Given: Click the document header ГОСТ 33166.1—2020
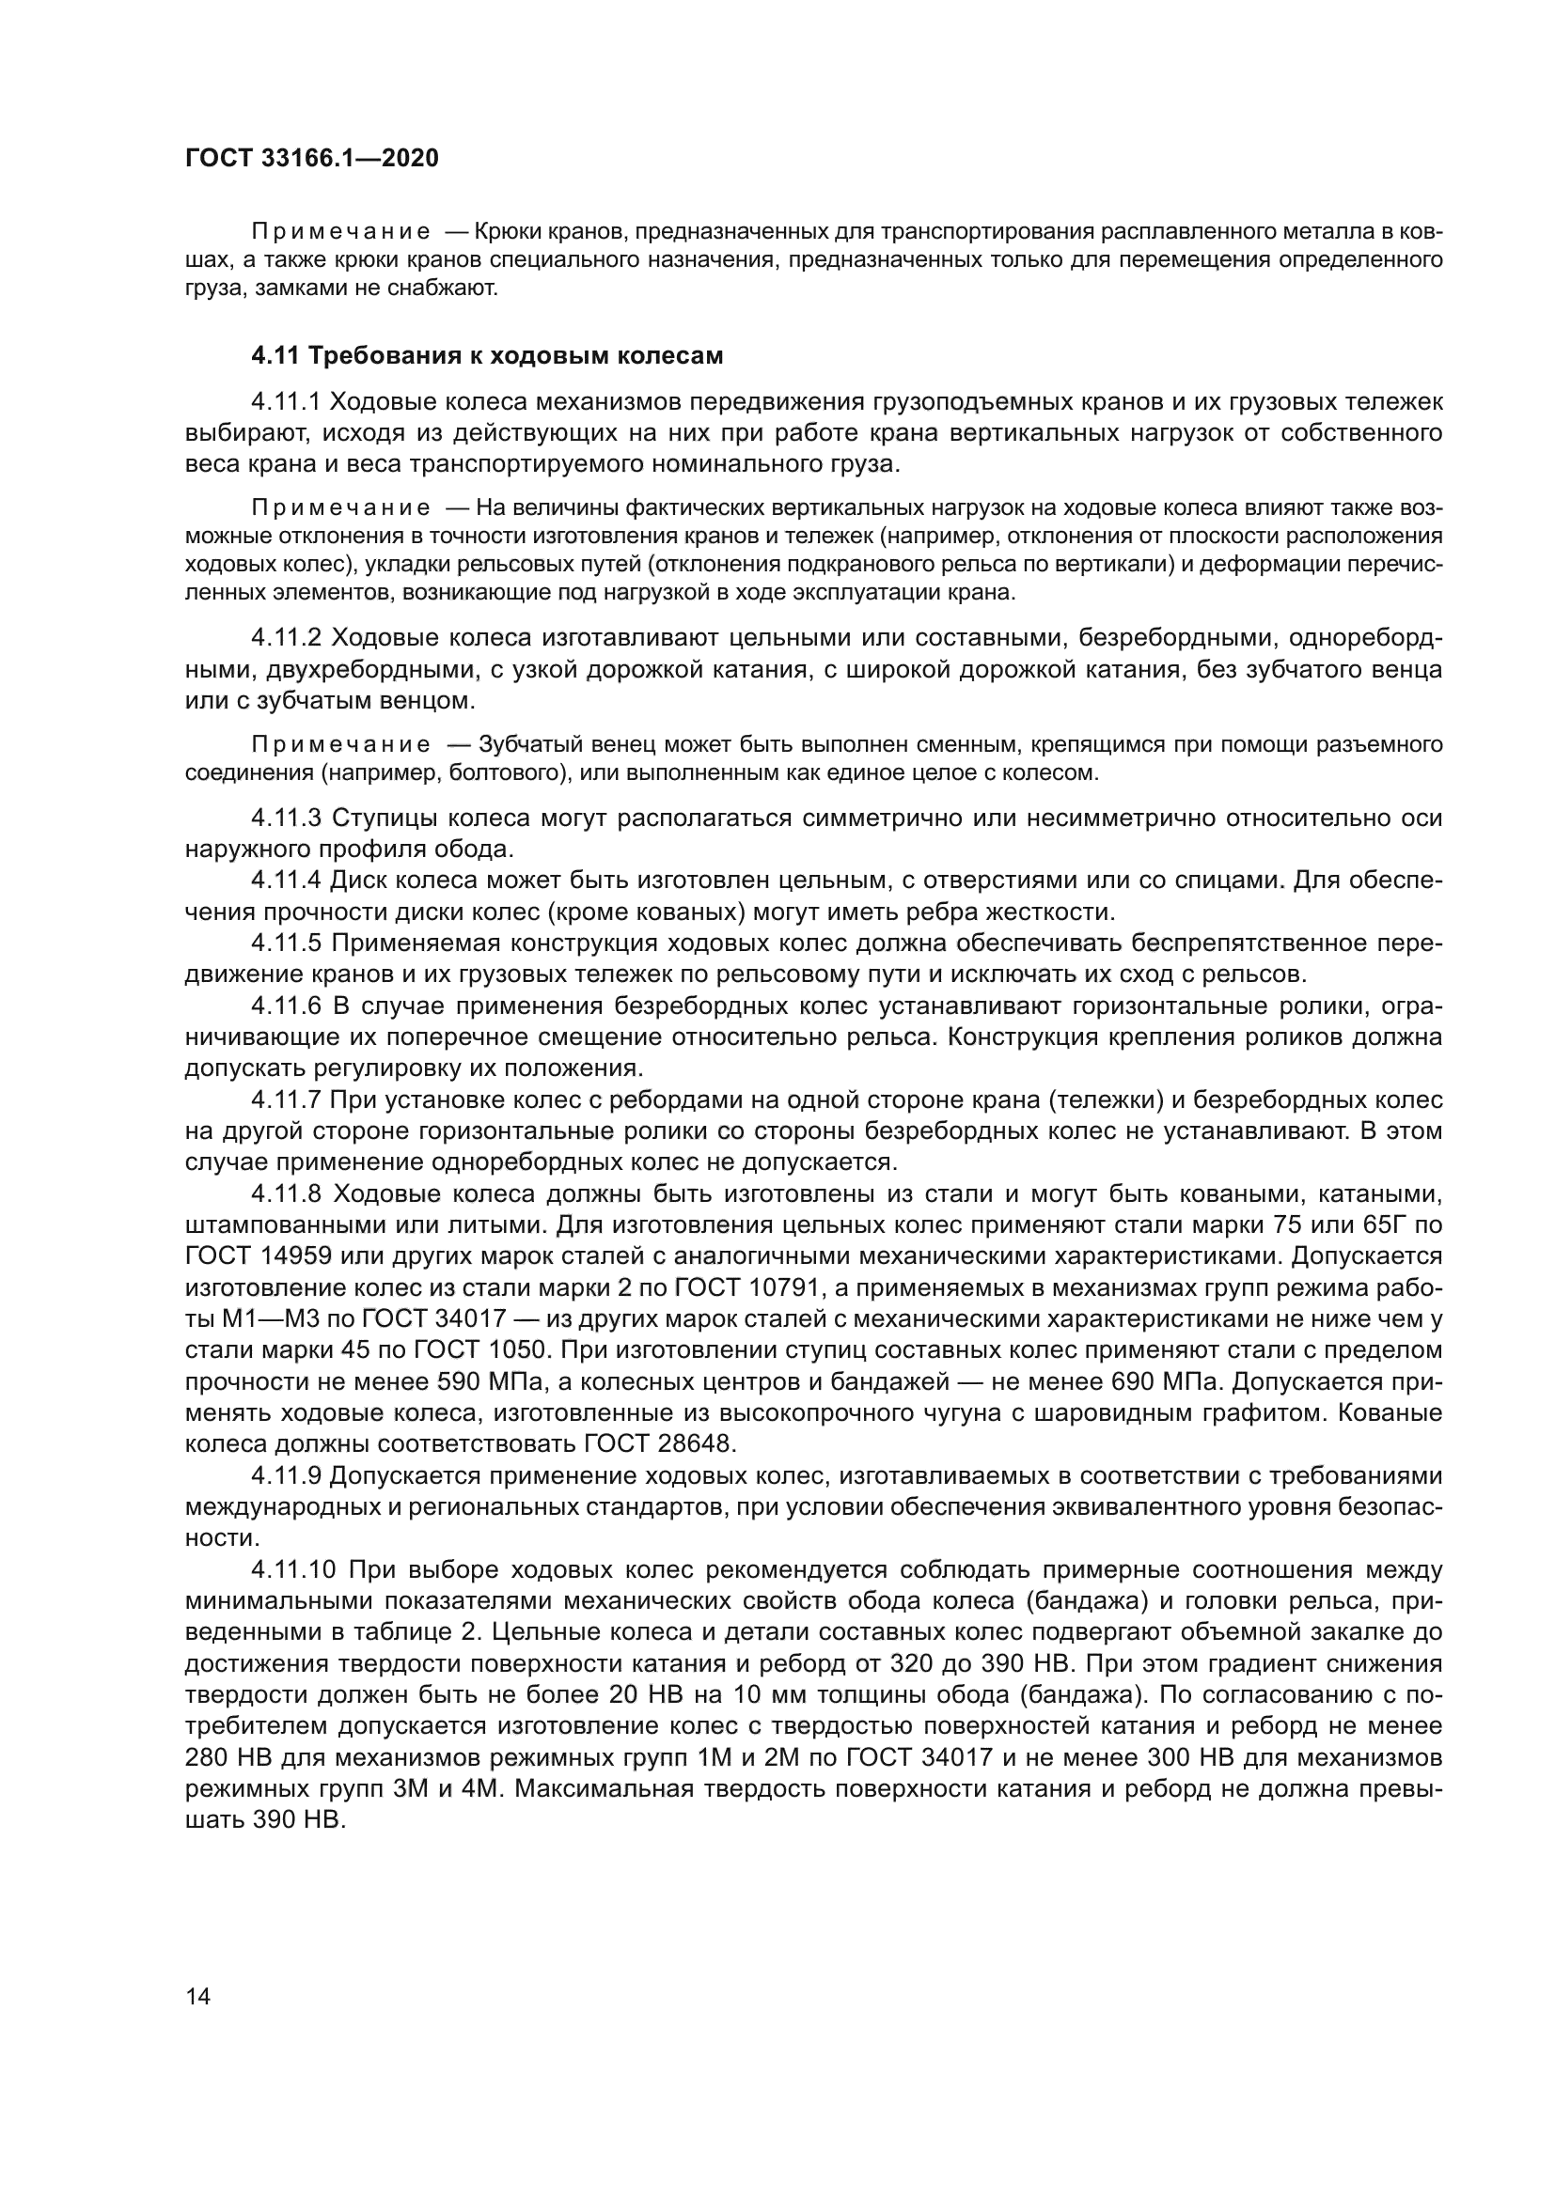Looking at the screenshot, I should [312, 159].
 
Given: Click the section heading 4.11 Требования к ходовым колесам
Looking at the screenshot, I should [486, 356].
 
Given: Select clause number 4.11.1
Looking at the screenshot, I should [288, 401].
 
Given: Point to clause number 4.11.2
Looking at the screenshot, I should [288, 637].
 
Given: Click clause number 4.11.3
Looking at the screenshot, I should [288, 818].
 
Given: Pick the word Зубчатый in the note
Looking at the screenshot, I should [522, 744].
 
